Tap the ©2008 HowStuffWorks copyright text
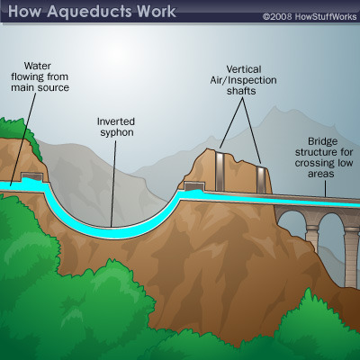point(310,16)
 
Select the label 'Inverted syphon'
point(116,127)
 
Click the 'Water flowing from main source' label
point(40,76)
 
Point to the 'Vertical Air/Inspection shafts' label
point(243,80)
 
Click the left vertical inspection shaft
point(220,170)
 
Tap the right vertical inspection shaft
point(261,179)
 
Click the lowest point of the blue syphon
point(111,232)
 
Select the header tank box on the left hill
point(31,177)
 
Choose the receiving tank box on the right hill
point(194,186)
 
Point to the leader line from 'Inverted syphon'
point(113,184)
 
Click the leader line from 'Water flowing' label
point(23,139)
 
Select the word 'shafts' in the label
point(241,91)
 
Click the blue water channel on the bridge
point(315,202)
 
